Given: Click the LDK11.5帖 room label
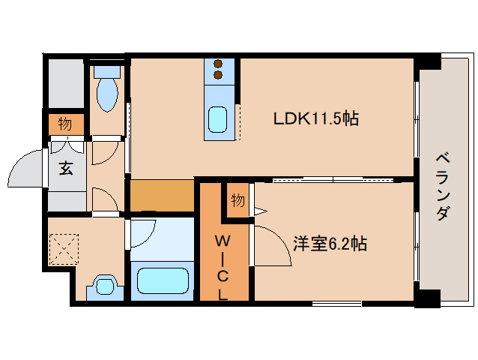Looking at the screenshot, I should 315,118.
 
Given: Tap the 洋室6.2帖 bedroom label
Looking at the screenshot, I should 330,244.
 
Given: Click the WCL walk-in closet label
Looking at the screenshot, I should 223,266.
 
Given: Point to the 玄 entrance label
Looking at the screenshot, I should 66,168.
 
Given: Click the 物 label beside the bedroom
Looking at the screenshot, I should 238,200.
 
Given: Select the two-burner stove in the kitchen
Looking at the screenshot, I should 219,69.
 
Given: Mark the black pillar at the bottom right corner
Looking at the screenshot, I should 426,298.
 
